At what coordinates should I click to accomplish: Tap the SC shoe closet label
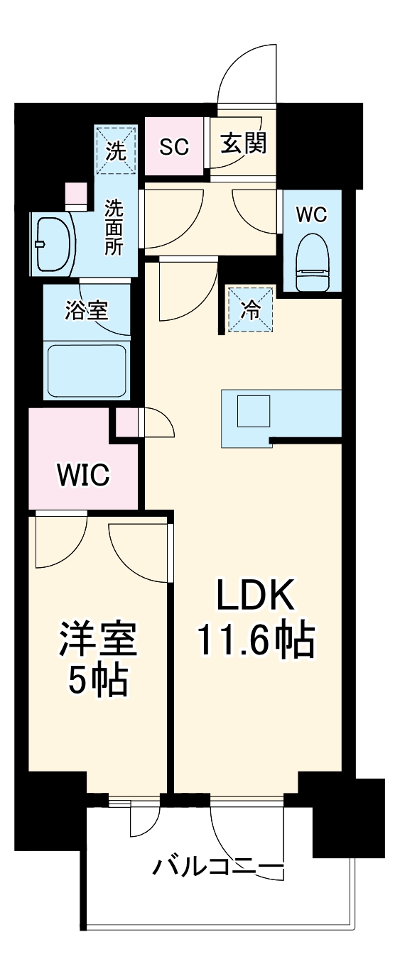tap(173, 147)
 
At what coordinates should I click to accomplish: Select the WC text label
tap(311, 214)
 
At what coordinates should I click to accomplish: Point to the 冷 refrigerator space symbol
tap(250, 309)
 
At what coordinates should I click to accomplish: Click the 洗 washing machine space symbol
tap(116, 150)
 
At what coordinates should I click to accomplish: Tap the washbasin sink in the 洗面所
tap(50, 243)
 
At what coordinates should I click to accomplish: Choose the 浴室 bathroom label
tap(87, 310)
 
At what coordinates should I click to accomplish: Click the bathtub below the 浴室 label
tap(87, 370)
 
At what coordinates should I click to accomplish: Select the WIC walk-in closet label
tap(83, 474)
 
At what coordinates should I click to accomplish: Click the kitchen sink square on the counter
tap(253, 410)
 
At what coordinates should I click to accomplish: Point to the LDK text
tap(255, 598)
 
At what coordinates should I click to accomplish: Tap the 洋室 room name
tap(97, 640)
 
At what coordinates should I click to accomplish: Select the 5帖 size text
tap(97, 681)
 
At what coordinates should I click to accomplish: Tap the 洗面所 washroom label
tap(114, 226)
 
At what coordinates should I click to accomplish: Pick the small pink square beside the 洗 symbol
tap(75, 194)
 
